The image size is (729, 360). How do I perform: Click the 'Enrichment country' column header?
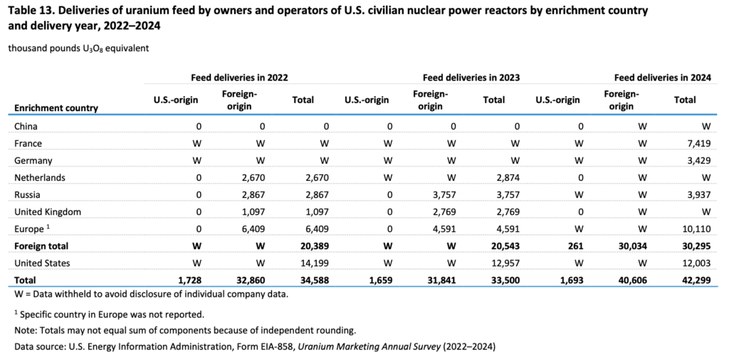pos(56,108)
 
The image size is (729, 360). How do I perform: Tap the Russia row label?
pos(27,194)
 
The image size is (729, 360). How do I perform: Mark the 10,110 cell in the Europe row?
pos(697,229)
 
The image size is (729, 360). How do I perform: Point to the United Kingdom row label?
pos(48,211)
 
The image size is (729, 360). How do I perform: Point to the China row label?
pos(26,126)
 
